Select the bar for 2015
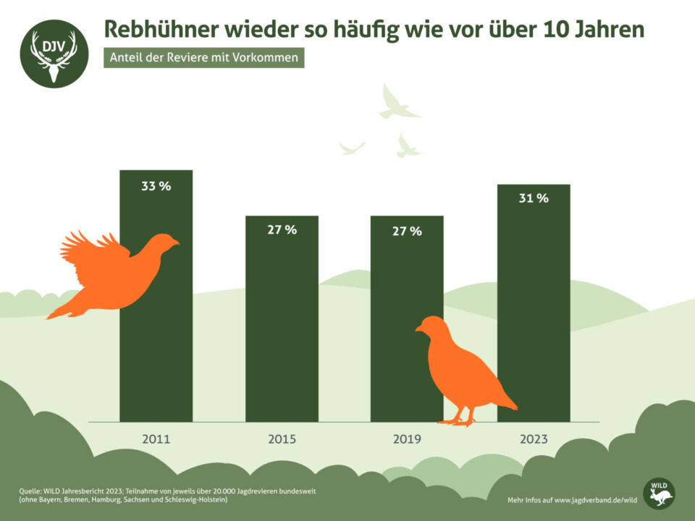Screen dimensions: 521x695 [x=282, y=318]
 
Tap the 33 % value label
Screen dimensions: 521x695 [x=156, y=186]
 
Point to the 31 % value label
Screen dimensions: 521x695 [x=534, y=198]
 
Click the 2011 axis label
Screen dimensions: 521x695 [x=156, y=439]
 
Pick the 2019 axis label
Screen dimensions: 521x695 [x=407, y=439]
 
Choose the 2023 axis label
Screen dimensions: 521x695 [x=534, y=439]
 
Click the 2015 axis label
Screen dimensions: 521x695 [x=282, y=439]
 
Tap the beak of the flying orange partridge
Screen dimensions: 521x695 [x=176, y=242]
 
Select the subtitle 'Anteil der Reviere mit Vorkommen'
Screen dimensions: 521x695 [x=203, y=59]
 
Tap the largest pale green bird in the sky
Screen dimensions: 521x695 [x=397, y=103]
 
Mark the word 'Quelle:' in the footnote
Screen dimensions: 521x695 [x=30, y=491]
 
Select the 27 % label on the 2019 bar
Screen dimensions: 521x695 [x=407, y=231]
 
